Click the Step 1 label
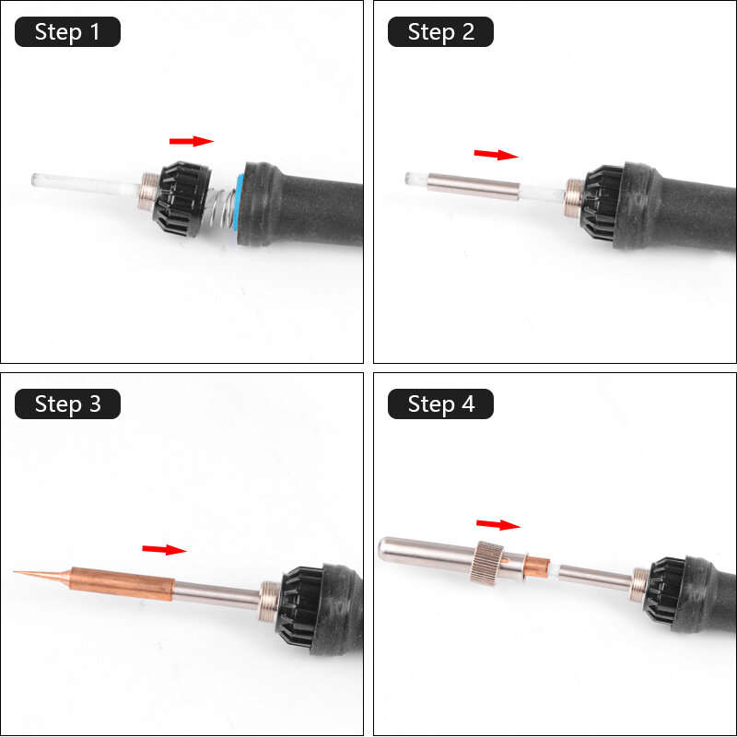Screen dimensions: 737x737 (67, 32)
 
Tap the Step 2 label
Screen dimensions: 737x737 (440, 32)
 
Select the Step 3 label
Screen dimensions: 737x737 (67, 404)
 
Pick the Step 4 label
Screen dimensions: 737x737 (440, 404)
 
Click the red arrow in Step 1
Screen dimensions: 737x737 (191, 141)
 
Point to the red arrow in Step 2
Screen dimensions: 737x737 (496, 154)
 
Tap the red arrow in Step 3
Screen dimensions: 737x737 (164, 549)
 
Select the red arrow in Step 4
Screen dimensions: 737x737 (498, 524)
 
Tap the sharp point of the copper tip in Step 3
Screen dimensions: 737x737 (18, 572)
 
